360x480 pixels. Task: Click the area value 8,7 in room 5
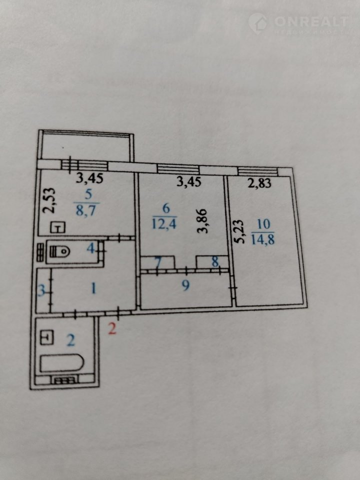pos(86,210)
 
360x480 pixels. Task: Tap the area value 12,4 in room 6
pos(164,224)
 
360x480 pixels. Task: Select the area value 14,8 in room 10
pos(263,239)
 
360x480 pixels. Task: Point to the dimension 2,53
pos(49,200)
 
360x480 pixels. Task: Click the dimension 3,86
pos(202,221)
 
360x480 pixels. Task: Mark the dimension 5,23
pos(239,231)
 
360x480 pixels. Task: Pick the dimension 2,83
pos(259,183)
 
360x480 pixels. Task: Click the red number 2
pos(112,329)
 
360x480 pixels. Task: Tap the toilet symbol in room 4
pos(59,251)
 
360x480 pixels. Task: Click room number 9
pos(185,285)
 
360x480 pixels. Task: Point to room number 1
pos(93,288)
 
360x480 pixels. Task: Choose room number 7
pos(157,262)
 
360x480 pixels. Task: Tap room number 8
pos(215,262)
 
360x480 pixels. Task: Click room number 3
pos(41,290)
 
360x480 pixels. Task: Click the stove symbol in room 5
pos(58,227)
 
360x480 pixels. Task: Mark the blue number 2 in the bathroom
pos(70,340)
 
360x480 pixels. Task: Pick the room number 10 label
pos(263,224)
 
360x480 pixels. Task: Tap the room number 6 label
pos(165,208)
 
